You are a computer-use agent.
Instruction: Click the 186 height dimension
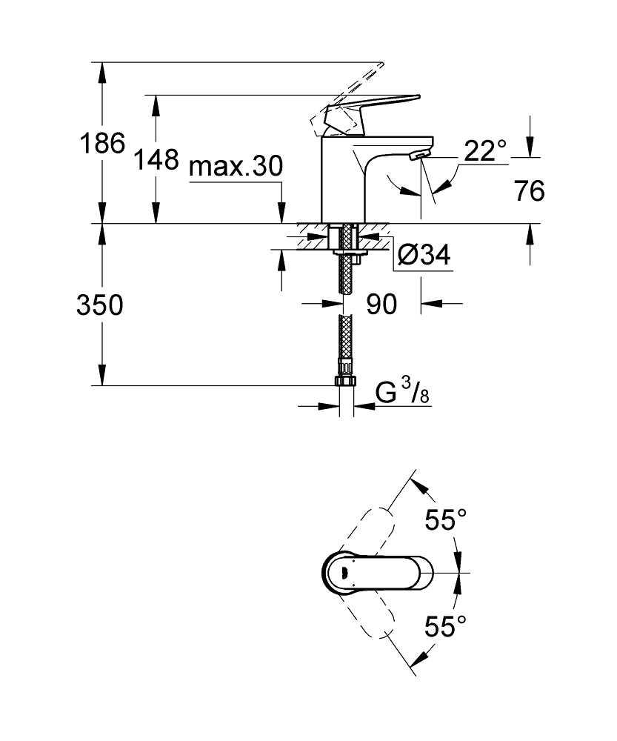(x=102, y=143)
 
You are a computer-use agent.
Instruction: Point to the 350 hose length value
(x=100, y=305)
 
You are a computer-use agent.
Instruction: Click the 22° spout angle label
(x=485, y=150)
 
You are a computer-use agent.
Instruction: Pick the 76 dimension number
(x=529, y=190)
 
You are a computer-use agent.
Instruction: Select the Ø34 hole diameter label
(x=424, y=255)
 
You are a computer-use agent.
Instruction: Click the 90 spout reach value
(x=381, y=304)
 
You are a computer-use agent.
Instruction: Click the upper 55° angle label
(x=445, y=520)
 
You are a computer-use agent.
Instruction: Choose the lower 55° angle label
(x=445, y=626)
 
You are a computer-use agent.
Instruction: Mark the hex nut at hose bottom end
(x=347, y=381)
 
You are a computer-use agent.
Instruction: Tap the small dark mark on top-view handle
(x=344, y=574)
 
